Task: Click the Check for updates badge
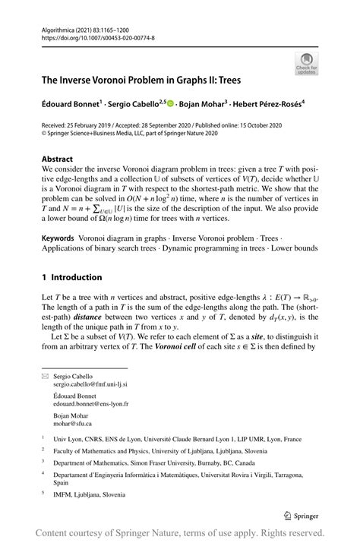click(306, 65)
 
